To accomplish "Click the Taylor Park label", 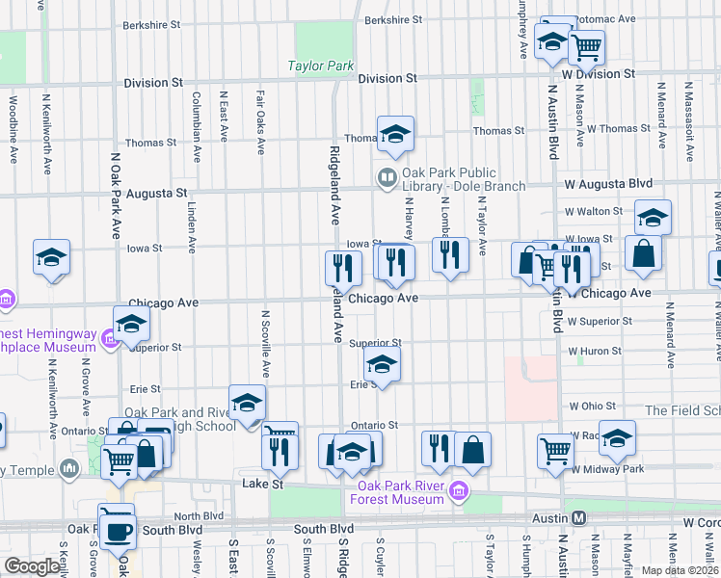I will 321,66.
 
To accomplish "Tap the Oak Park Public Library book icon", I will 387,176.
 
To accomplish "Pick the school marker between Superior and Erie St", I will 382,364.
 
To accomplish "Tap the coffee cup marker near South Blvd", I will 119,531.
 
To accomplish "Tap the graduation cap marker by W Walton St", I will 653,218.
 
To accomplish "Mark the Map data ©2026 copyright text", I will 679,570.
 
